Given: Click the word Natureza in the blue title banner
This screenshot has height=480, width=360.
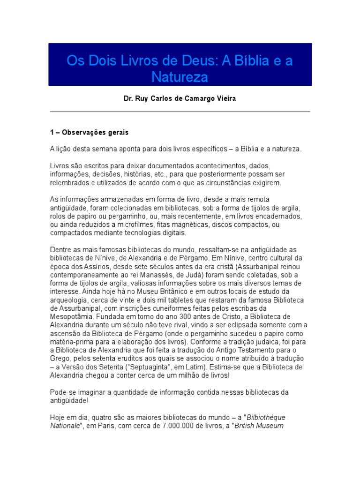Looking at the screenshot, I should [x=180, y=76].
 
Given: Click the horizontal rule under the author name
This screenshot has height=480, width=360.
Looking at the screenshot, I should [x=180, y=112].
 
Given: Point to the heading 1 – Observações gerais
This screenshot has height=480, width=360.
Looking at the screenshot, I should [x=89, y=133].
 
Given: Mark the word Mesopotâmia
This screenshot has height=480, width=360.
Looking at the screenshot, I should [x=72, y=316].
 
